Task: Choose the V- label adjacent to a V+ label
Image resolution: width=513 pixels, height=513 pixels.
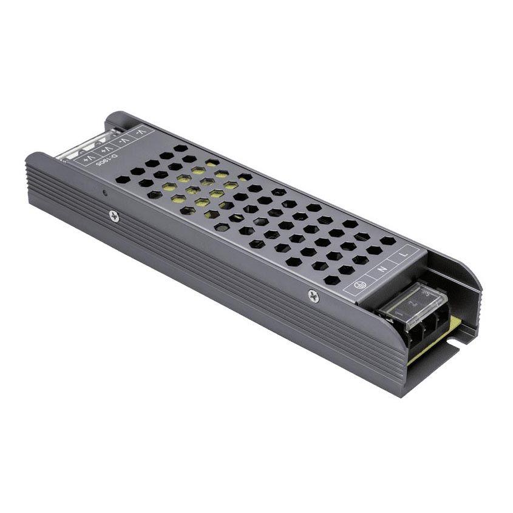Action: point(124,140)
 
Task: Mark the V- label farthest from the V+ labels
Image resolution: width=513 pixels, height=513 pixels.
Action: point(141,131)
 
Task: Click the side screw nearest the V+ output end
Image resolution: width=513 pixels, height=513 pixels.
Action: point(114,216)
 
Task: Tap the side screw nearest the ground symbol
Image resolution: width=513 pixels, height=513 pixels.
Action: point(313,296)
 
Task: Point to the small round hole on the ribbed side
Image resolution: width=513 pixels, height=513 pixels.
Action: point(104,193)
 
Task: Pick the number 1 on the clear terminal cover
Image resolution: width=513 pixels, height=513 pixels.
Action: point(399,311)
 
